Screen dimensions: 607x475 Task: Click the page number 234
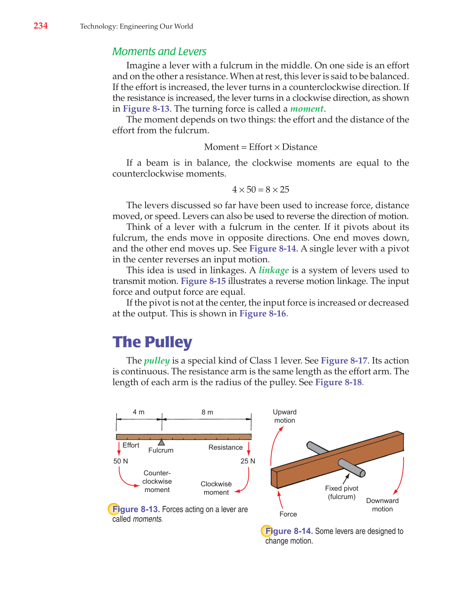pyautogui.click(x=41, y=26)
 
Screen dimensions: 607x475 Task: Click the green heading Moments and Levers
pyautogui.click(x=159, y=52)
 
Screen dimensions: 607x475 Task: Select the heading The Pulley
pyautogui.click(x=152, y=342)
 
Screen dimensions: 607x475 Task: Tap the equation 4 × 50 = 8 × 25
pyautogui.click(x=261, y=189)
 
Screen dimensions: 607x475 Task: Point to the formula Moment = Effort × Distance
pyautogui.click(x=261, y=147)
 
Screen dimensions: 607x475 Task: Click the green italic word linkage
pyautogui.click(x=274, y=270)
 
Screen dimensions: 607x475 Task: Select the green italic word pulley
pyautogui.click(x=157, y=361)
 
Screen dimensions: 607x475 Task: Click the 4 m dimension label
pyautogui.click(x=138, y=412)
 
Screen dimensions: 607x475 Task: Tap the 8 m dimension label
pyautogui.click(x=207, y=412)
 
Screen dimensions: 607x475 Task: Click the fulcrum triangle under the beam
pyautogui.click(x=162, y=443)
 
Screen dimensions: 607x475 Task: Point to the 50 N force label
pyautogui.click(x=121, y=461)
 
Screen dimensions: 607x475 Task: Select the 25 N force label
pyautogui.click(x=248, y=461)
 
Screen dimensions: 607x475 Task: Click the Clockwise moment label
pyautogui.click(x=216, y=488)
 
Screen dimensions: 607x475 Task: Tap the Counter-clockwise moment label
pyautogui.click(x=157, y=481)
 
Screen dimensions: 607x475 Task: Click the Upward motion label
pyautogui.click(x=285, y=416)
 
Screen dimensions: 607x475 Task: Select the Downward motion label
pyautogui.click(x=382, y=505)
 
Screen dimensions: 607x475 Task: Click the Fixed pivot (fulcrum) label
pyautogui.click(x=342, y=492)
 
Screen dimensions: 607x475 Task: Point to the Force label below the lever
pyautogui.click(x=288, y=514)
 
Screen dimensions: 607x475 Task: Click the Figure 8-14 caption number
pyautogui.click(x=289, y=531)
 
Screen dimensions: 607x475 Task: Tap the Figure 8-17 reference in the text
pyautogui.click(x=344, y=361)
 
